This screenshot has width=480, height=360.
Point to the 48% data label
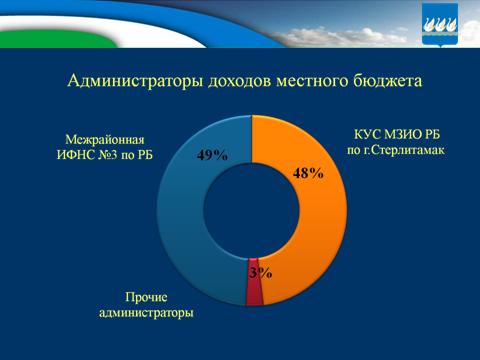(308, 173)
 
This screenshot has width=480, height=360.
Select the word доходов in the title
(238, 80)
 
